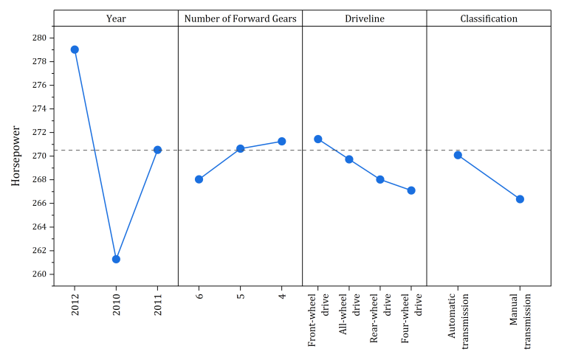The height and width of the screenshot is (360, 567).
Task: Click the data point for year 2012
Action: coord(75,49)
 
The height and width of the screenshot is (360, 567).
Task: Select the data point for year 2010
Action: coord(116,259)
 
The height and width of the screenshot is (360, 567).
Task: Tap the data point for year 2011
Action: coord(157,150)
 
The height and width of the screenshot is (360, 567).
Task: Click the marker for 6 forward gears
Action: coord(199,179)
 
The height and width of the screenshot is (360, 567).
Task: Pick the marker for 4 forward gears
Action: coord(281,141)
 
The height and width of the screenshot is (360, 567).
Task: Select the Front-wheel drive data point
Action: coord(318,139)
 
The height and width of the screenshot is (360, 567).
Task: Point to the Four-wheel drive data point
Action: coord(411,190)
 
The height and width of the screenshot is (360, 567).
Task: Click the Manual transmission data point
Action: coord(520,199)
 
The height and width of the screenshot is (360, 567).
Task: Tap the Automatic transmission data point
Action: coord(458,155)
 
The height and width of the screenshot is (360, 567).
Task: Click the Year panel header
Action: coord(116,18)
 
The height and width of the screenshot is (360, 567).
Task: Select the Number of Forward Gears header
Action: coord(240,18)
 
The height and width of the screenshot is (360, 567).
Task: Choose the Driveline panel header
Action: coord(365,18)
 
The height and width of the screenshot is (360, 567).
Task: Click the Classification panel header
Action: coord(489,18)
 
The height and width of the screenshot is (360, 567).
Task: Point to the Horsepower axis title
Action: coord(16,156)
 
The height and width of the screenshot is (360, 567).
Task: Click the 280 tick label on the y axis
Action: coord(40,38)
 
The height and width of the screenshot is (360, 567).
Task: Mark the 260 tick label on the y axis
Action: coord(40,274)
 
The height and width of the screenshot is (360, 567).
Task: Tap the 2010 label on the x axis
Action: coord(116,305)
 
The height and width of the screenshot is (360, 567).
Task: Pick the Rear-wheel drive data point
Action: coord(380,179)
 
